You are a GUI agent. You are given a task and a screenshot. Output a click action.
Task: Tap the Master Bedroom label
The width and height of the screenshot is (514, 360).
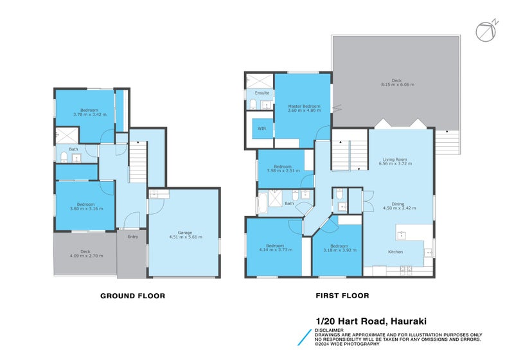303,106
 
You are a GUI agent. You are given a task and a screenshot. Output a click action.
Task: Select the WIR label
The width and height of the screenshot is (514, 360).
262,129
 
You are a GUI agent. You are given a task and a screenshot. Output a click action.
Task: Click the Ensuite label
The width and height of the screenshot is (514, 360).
253,93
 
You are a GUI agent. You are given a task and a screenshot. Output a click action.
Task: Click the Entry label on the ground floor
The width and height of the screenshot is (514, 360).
132,237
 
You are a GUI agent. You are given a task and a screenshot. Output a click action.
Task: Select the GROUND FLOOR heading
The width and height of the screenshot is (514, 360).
132,296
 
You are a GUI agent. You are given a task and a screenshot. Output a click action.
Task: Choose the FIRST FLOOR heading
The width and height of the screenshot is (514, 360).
342,296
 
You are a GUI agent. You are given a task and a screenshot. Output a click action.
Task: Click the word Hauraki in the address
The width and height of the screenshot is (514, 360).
409,321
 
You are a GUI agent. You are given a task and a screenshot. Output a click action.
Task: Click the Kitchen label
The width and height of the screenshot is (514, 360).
395,251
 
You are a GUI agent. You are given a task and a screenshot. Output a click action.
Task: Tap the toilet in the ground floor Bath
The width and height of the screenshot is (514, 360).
64,156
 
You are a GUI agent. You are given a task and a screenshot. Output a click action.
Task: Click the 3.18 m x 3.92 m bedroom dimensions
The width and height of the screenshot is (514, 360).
339,250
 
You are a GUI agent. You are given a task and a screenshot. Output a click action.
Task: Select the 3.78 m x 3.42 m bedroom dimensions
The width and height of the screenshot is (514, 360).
89,114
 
